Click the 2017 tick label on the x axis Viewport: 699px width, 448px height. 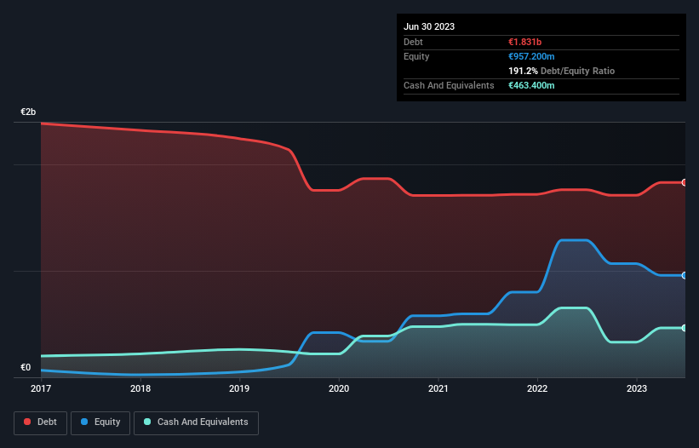click(41, 388)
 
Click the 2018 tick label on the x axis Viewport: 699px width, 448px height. click(140, 388)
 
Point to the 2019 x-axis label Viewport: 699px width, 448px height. click(239, 388)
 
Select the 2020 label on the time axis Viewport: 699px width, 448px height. click(339, 388)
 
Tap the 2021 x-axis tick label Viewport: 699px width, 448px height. click(438, 388)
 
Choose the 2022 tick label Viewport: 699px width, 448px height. click(537, 388)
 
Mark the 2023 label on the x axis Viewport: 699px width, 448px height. click(637, 388)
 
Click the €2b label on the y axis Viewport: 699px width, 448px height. click(28, 112)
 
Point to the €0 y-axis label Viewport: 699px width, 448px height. click(26, 368)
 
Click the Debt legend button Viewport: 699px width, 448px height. click(39, 422)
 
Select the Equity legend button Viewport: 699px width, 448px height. click(100, 422)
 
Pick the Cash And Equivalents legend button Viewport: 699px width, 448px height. click(196, 422)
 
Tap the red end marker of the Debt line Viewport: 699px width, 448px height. click(685, 182)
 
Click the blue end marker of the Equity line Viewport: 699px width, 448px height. click(685, 275)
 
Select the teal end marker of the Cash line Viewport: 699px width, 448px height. click(685, 328)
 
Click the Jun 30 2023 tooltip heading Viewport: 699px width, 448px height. click(429, 26)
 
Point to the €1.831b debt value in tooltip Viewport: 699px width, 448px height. click(524, 42)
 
